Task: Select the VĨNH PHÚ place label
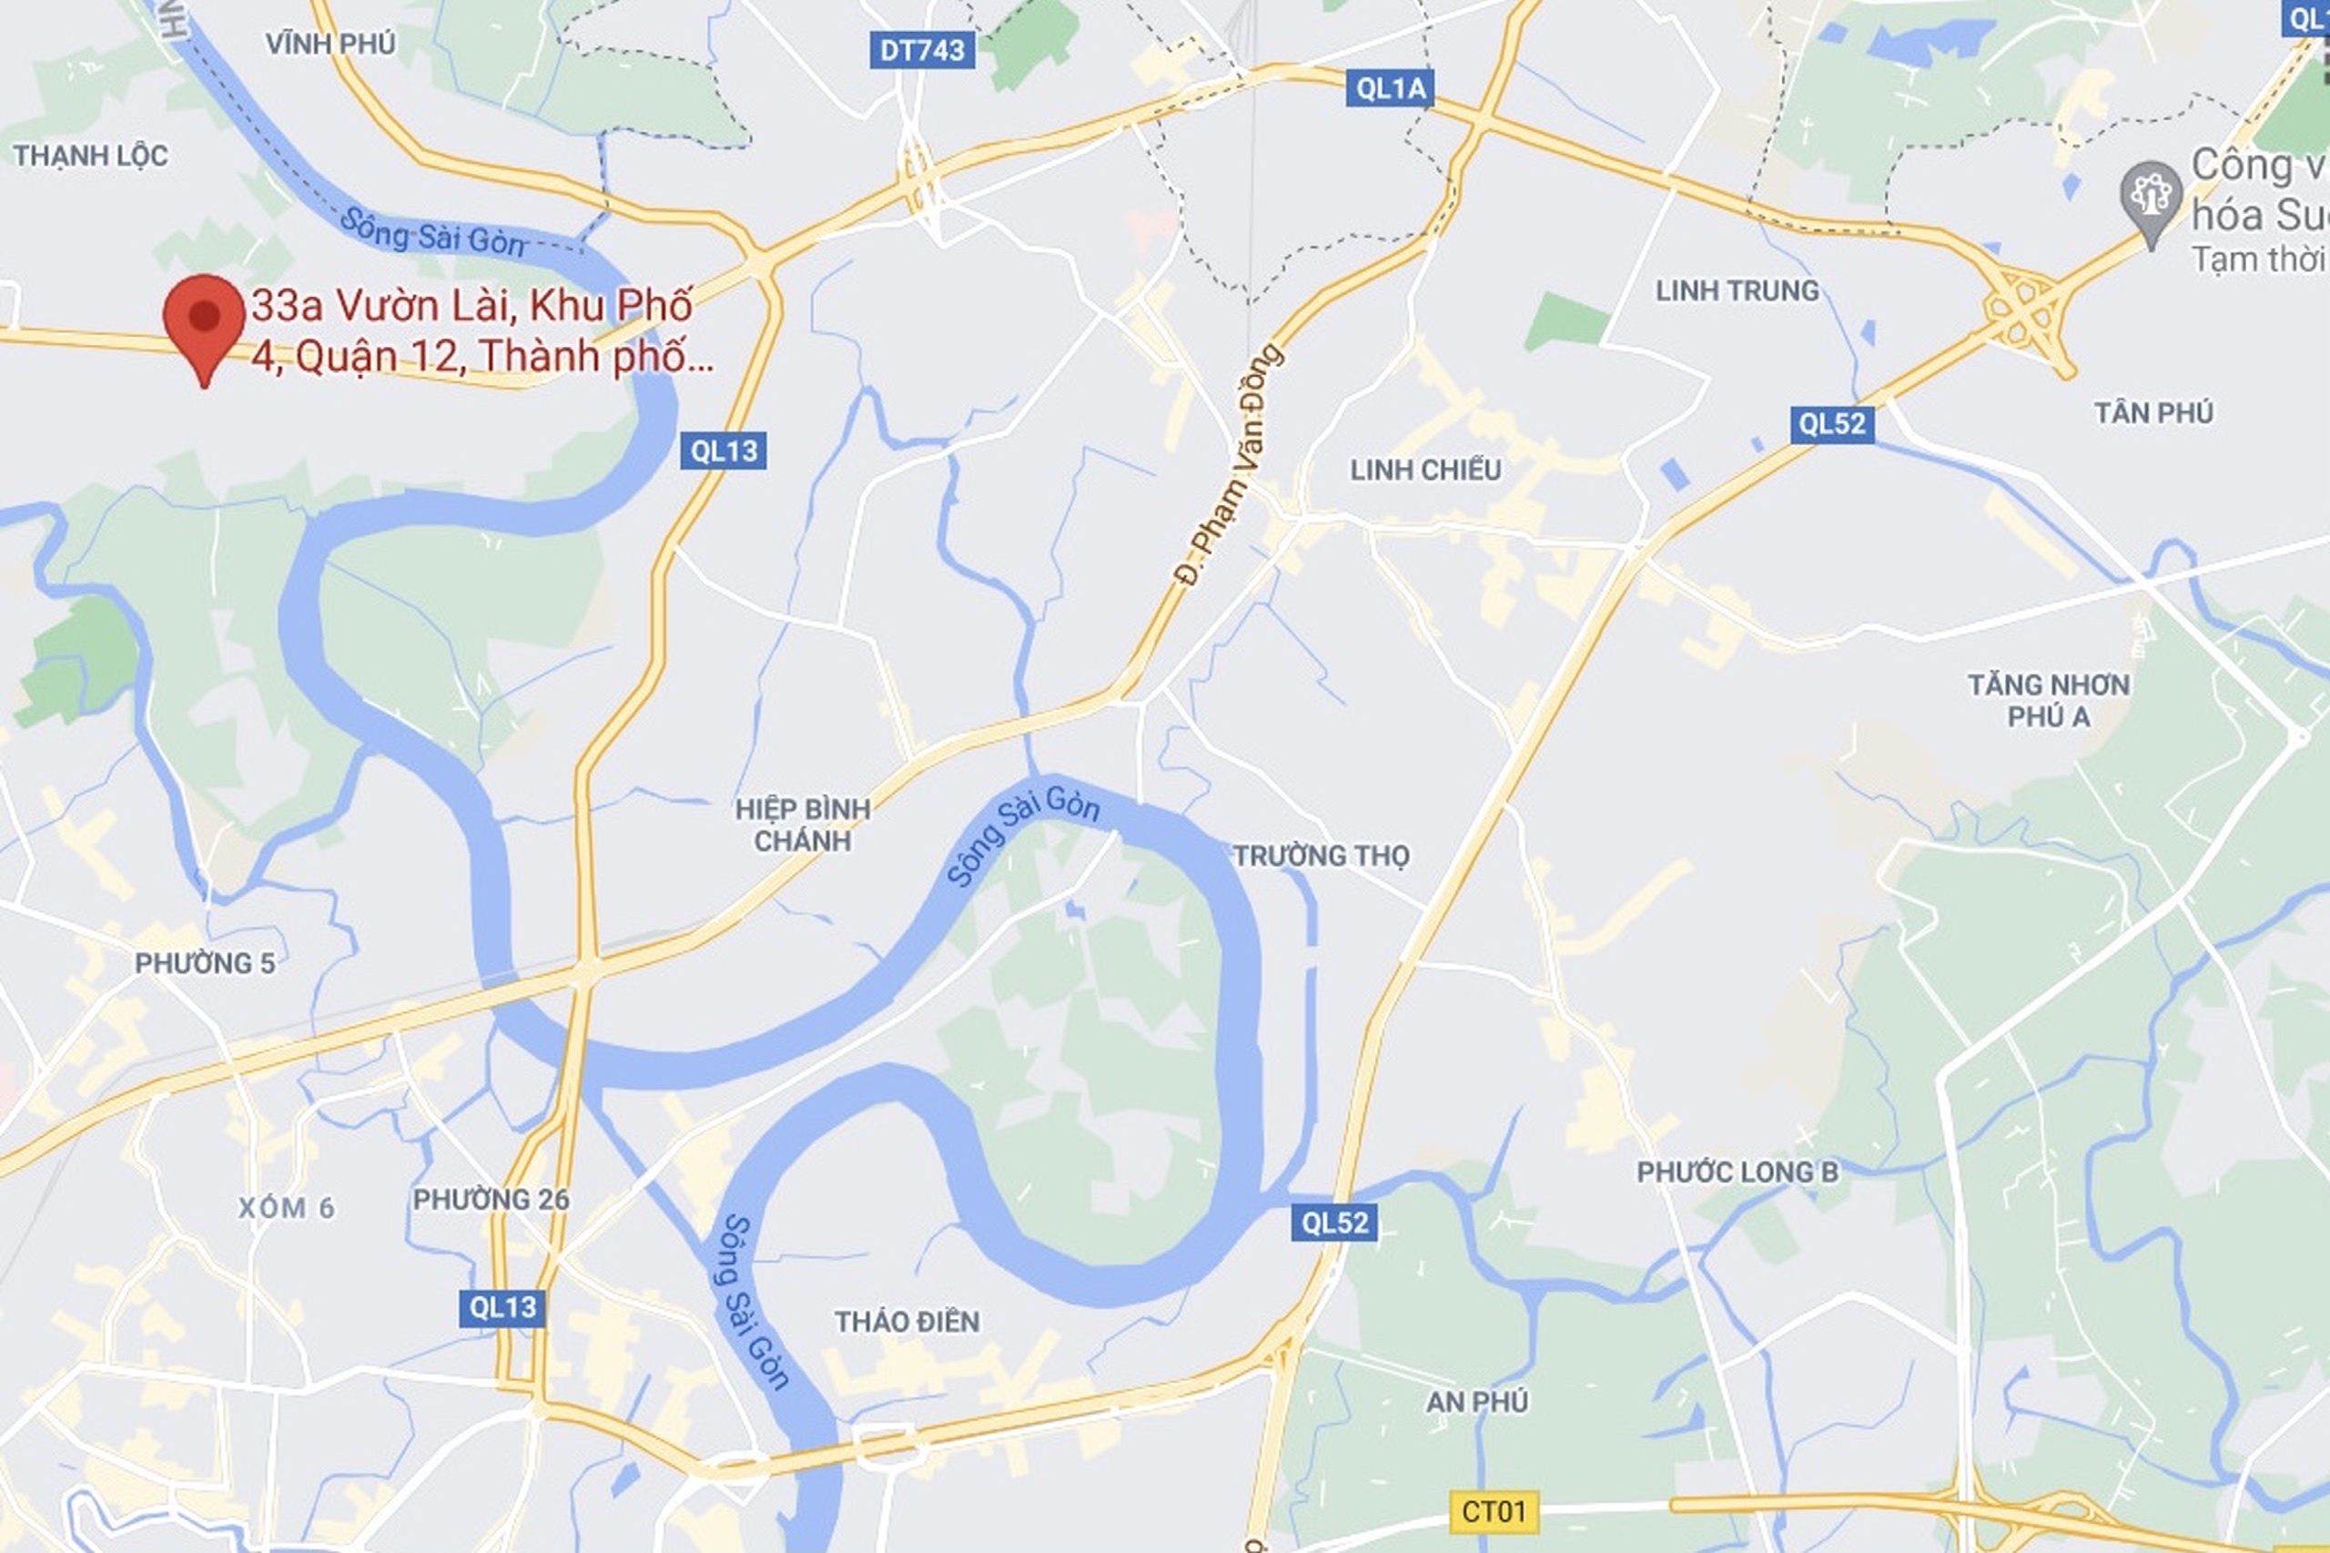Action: [330, 44]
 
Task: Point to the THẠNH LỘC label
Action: [90, 156]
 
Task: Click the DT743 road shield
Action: [922, 50]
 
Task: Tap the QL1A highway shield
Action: [1391, 89]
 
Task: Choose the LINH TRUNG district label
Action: [1737, 290]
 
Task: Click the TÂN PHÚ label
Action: [2153, 412]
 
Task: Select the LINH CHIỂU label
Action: [1425, 470]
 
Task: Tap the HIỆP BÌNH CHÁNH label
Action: [802, 825]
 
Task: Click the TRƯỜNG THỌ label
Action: [1321, 855]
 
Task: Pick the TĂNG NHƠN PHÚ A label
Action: [2048, 700]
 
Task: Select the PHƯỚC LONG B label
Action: [1737, 1172]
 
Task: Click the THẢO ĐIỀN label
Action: [907, 1321]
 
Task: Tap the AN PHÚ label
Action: [1476, 1402]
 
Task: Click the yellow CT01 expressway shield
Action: [1494, 1511]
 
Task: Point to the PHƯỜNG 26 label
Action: [491, 1200]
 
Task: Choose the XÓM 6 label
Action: [286, 1208]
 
